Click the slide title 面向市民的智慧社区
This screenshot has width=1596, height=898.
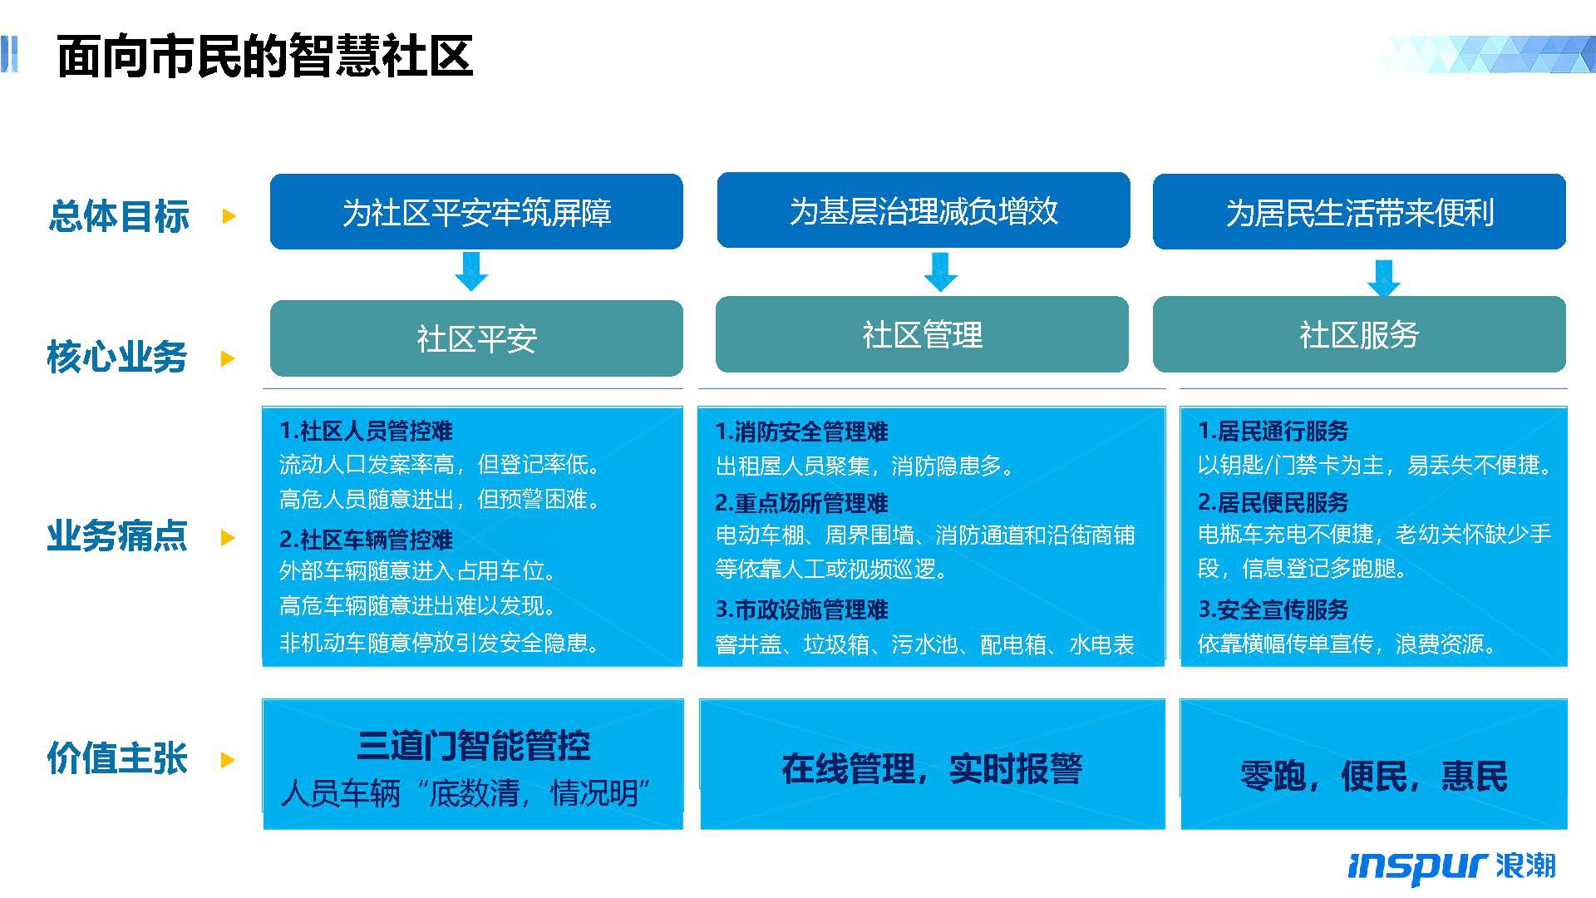(x=264, y=57)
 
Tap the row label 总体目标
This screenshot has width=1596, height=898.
(x=119, y=216)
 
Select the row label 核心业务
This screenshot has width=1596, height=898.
(x=117, y=358)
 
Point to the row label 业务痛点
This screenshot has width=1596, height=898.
(x=117, y=536)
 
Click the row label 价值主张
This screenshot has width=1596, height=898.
(x=117, y=758)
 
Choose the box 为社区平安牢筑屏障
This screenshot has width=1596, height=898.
(x=476, y=211)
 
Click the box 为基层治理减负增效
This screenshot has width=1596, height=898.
(x=924, y=210)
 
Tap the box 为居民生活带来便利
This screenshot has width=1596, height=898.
(x=1359, y=211)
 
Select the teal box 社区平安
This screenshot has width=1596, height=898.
(x=476, y=338)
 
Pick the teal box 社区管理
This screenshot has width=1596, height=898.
(x=922, y=334)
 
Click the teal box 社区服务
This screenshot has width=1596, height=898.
(x=1359, y=334)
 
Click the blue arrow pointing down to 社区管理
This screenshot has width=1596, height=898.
(x=940, y=272)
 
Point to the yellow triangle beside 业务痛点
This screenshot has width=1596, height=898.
(x=229, y=537)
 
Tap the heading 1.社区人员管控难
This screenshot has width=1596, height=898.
(x=366, y=431)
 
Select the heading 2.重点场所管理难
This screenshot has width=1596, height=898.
(x=801, y=503)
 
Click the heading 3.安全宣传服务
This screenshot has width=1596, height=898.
(x=1273, y=609)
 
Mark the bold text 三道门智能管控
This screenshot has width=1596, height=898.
(x=473, y=745)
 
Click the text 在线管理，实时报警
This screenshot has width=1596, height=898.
(x=932, y=768)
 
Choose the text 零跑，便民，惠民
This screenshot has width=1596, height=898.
(x=1373, y=776)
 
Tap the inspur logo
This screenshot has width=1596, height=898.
(x=1451, y=866)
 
